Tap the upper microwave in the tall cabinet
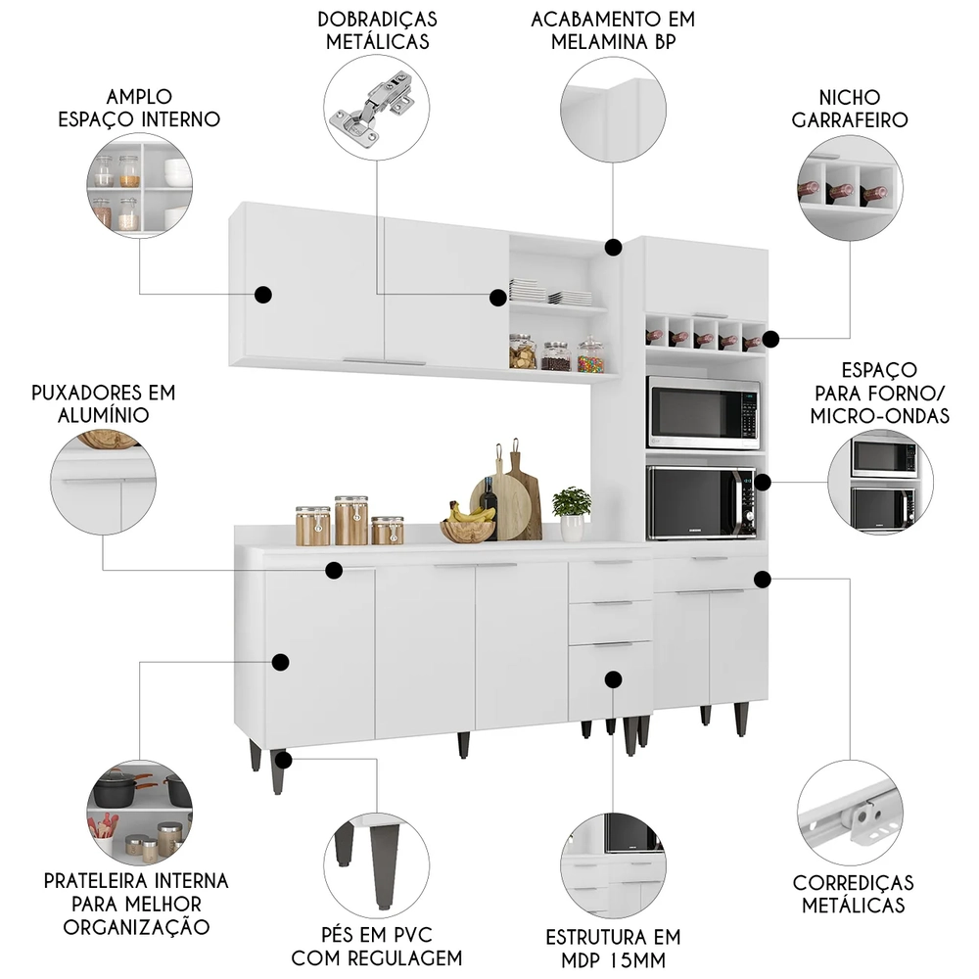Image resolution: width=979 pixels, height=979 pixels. [702, 412]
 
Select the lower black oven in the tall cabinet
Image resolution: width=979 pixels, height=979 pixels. [701, 502]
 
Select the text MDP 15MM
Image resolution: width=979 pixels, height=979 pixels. [614, 958]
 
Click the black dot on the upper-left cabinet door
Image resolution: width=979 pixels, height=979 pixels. [262, 294]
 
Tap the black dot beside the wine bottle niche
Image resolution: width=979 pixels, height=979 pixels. [770, 340]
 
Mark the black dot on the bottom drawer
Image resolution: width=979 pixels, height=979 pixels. [614, 678]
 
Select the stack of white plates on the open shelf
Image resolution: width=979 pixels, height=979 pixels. [527, 291]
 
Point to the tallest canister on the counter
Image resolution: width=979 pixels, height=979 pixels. [350, 520]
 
